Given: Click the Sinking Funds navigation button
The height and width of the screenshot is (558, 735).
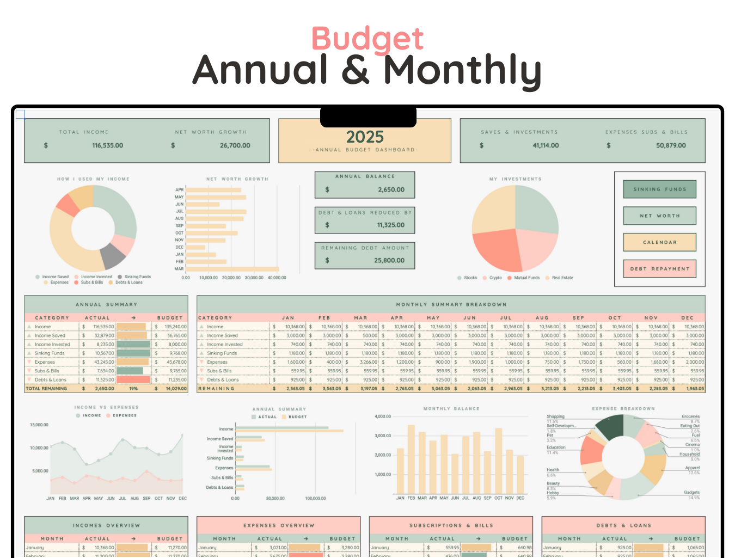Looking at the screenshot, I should (x=659, y=189).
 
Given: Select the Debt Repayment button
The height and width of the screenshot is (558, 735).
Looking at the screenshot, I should (x=659, y=269).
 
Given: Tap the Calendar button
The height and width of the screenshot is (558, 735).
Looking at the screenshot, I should (x=659, y=242).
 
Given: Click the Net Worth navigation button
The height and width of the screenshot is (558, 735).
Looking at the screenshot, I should (x=659, y=216).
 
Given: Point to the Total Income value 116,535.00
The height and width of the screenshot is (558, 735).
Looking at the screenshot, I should (x=107, y=146).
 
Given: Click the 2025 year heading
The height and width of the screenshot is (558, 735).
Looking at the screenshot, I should (x=365, y=137).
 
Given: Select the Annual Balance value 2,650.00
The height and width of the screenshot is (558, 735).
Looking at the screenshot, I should (x=391, y=190).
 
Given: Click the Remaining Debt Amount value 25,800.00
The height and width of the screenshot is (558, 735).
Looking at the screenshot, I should (x=389, y=261).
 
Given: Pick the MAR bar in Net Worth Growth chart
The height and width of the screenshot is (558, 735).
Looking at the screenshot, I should (x=232, y=269).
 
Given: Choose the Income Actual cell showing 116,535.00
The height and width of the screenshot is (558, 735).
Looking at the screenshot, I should (x=103, y=327).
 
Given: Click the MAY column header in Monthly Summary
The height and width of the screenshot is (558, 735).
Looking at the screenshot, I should (x=433, y=318).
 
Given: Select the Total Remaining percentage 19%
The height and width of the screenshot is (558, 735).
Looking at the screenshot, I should (x=133, y=389).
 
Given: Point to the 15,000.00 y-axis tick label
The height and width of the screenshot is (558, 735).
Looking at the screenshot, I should (x=39, y=425).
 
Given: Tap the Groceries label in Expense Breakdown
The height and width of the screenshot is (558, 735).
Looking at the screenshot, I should (x=690, y=416).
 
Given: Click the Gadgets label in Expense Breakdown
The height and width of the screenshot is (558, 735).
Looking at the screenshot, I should (x=691, y=493).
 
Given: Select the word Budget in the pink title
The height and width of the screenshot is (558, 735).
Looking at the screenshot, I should (x=367, y=39).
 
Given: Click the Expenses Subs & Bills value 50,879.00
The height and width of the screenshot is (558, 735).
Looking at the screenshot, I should (x=670, y=146).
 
